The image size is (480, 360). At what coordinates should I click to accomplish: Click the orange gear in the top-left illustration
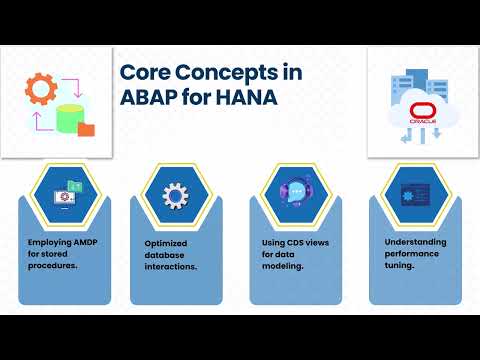[41, 90]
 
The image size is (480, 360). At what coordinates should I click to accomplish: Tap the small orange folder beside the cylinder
[86, 128]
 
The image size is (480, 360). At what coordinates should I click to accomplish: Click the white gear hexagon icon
[178, 193]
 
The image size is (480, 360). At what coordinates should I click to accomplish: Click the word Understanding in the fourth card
[414, 243]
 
